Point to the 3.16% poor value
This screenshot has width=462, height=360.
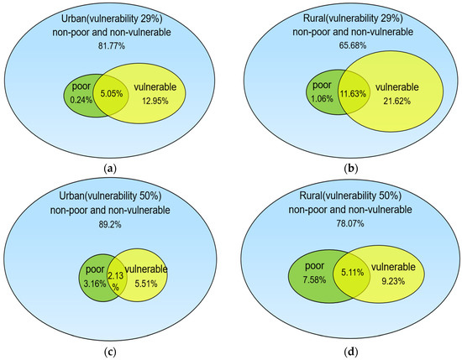click(90, 282)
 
